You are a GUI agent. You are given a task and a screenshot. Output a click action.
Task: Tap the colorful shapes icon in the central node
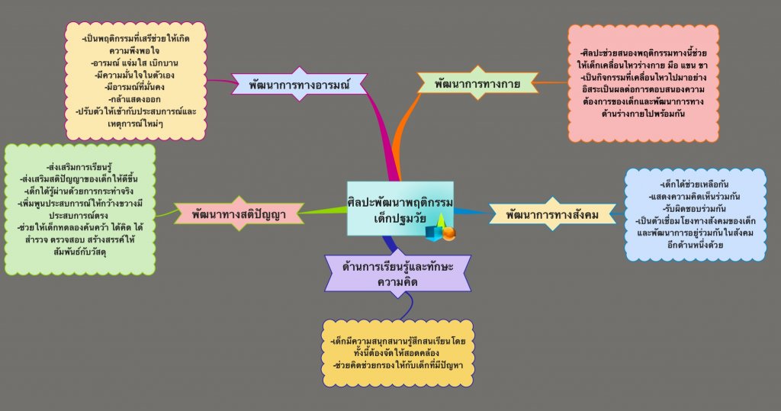coord(441,227)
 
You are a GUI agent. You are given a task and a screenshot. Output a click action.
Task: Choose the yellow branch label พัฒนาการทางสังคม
coord(551,215)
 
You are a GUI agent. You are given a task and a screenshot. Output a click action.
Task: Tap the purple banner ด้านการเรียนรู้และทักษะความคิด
coord(397,273)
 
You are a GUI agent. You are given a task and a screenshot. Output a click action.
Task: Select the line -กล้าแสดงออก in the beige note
coord(137,99)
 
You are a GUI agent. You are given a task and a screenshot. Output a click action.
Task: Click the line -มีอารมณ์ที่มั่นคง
coord(137,86)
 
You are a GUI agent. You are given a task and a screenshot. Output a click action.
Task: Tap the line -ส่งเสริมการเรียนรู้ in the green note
coord(80,166)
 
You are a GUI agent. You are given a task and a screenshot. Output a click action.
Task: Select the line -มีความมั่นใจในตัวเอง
coord(137,74)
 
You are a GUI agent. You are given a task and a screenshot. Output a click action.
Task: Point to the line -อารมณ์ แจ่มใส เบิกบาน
coord(137,62)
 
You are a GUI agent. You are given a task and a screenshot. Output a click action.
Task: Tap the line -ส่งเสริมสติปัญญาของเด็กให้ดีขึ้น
coord(80,178)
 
